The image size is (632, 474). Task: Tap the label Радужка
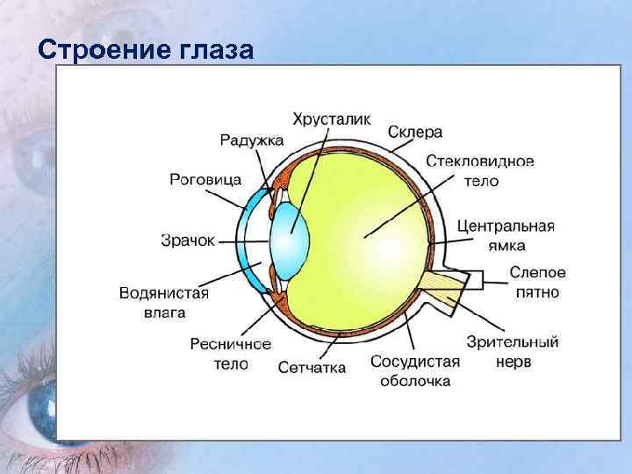pos(252,139)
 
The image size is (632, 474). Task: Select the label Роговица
pos(205,179)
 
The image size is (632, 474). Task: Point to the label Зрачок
pos(188,239)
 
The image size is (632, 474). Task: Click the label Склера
pos(414,132)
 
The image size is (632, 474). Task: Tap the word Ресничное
pos(230,344)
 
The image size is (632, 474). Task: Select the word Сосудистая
pos(415,362)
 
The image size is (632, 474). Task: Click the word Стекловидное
pos(480,162)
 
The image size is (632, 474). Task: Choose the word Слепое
pos(536,273)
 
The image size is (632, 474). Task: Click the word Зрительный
pos(513,341)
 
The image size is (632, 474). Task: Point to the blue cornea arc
pos(252,237)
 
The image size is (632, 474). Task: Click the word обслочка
pos(415,381)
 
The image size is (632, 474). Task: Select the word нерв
pos(512,361)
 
